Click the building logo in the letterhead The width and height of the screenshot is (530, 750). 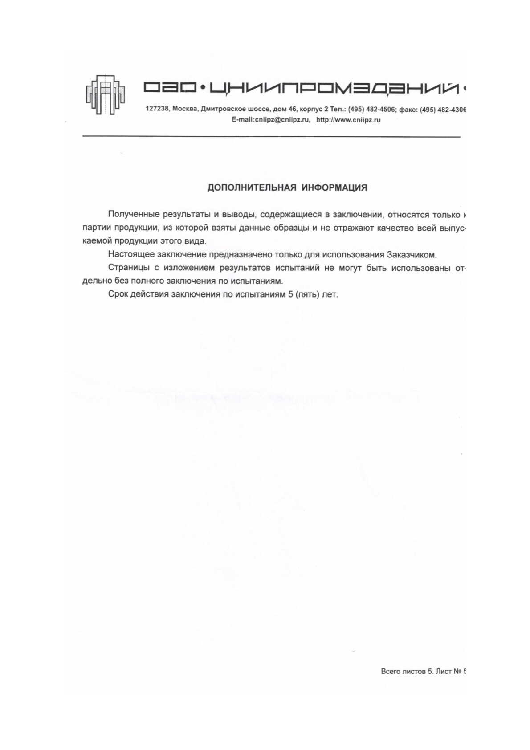[105, 94]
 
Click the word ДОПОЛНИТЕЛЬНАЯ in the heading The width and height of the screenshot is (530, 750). [252, 188]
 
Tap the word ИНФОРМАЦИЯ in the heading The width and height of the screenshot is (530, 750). [334, 188]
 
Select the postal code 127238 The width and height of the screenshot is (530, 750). [157, 109]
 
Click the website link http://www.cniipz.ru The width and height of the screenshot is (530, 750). [348, 120]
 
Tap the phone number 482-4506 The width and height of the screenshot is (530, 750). [381, 109]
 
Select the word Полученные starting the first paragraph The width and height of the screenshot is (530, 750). [133, 215]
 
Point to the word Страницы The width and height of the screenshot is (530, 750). [128, 268]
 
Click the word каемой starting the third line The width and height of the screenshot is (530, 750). [97, 241]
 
